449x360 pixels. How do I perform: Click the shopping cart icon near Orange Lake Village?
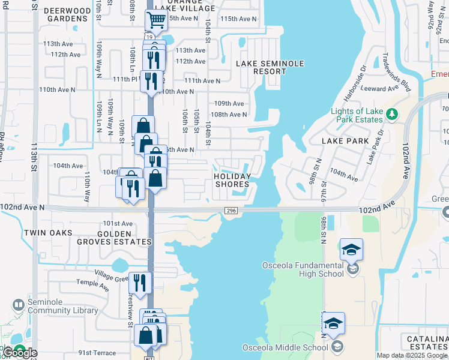156,20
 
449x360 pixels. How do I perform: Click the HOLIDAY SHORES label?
232,180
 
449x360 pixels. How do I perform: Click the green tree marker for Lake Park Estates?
391,113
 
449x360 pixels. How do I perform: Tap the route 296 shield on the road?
231,211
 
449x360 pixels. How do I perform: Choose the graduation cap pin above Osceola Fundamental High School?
351,250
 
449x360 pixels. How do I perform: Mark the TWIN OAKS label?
48,233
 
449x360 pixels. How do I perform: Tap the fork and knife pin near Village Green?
140,283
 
